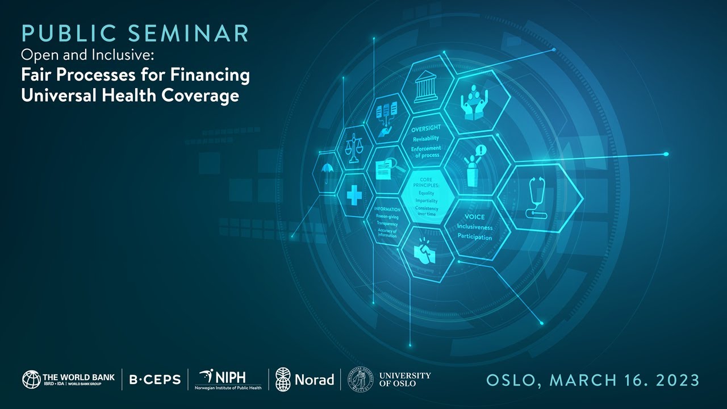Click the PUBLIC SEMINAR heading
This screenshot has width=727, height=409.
click(135, 34)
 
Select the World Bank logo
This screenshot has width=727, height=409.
click(68, 379)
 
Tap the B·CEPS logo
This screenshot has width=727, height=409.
click(154, 379)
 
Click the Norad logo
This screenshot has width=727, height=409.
click(304, 379)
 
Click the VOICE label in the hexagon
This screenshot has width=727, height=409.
click(475, 217)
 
